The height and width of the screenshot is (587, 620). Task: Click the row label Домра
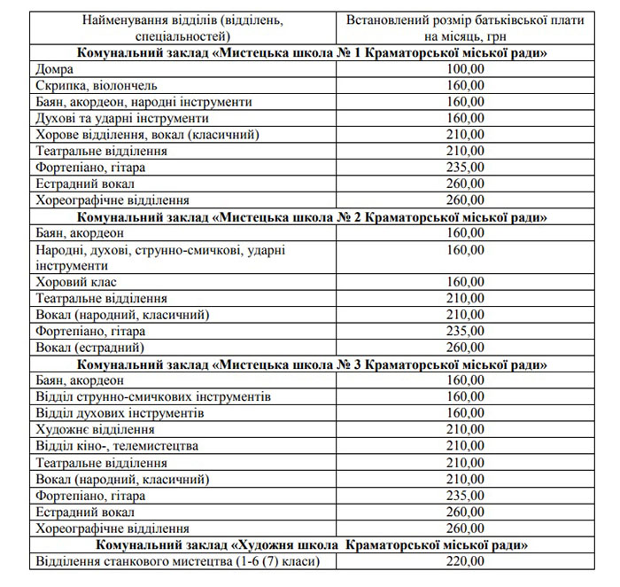(x=56, y=69)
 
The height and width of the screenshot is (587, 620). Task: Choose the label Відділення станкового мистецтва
(x=173, y=561)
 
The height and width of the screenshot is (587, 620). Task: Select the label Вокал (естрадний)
(x=89, y=348)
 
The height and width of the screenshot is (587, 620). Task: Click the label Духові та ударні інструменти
(x=122, y=119)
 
